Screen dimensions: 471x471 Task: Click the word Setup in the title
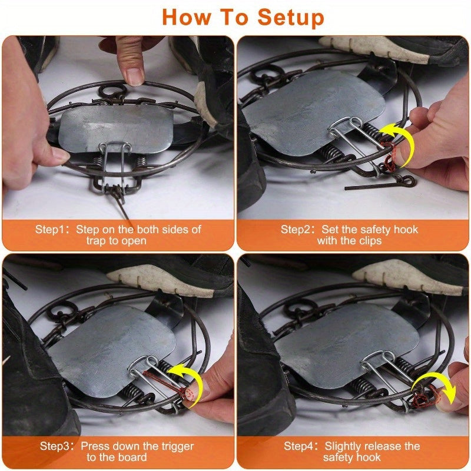pyautogui.click(x=284, y=18)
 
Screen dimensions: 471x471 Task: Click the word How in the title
pyautogui.click(x=187, y=17)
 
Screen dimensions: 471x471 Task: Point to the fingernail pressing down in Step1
pyautogui.click(x=135, y=76)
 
